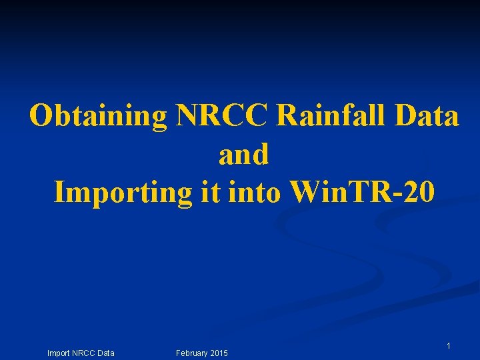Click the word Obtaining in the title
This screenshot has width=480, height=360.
pyautogui.click(x=98, y=117)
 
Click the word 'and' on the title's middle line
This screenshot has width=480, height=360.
pyautogui.click(x=243, y=155)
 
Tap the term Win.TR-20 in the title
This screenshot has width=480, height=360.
pyautogui.click(x=363, y=193)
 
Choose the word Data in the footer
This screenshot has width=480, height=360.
pyautogui.click(x=105, y=353)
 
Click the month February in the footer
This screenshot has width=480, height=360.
pyautogui.click(x=191, y=353)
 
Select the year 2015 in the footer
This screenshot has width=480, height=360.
pyautogui.click(x=218, y=353)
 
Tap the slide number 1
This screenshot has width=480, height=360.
pyautogui.click(x=449, y=346)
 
